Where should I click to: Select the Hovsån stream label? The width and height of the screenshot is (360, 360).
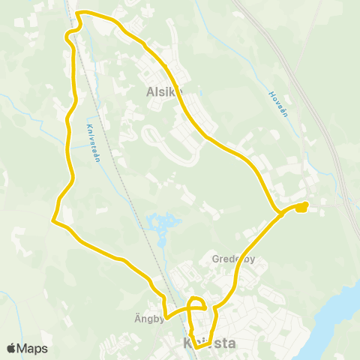pyautogui.click(x=279, y=105)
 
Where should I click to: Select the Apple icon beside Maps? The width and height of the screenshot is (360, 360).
pyautogui.click(x=11, y=348)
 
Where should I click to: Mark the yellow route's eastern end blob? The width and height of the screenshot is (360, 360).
pyautogui.click(x=301, y=207)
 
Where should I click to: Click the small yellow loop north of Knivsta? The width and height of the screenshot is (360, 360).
pyautogui.click(x=196, y=303)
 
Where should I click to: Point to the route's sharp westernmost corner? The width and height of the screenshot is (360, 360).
pyautogui.click(x=52, y=220)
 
